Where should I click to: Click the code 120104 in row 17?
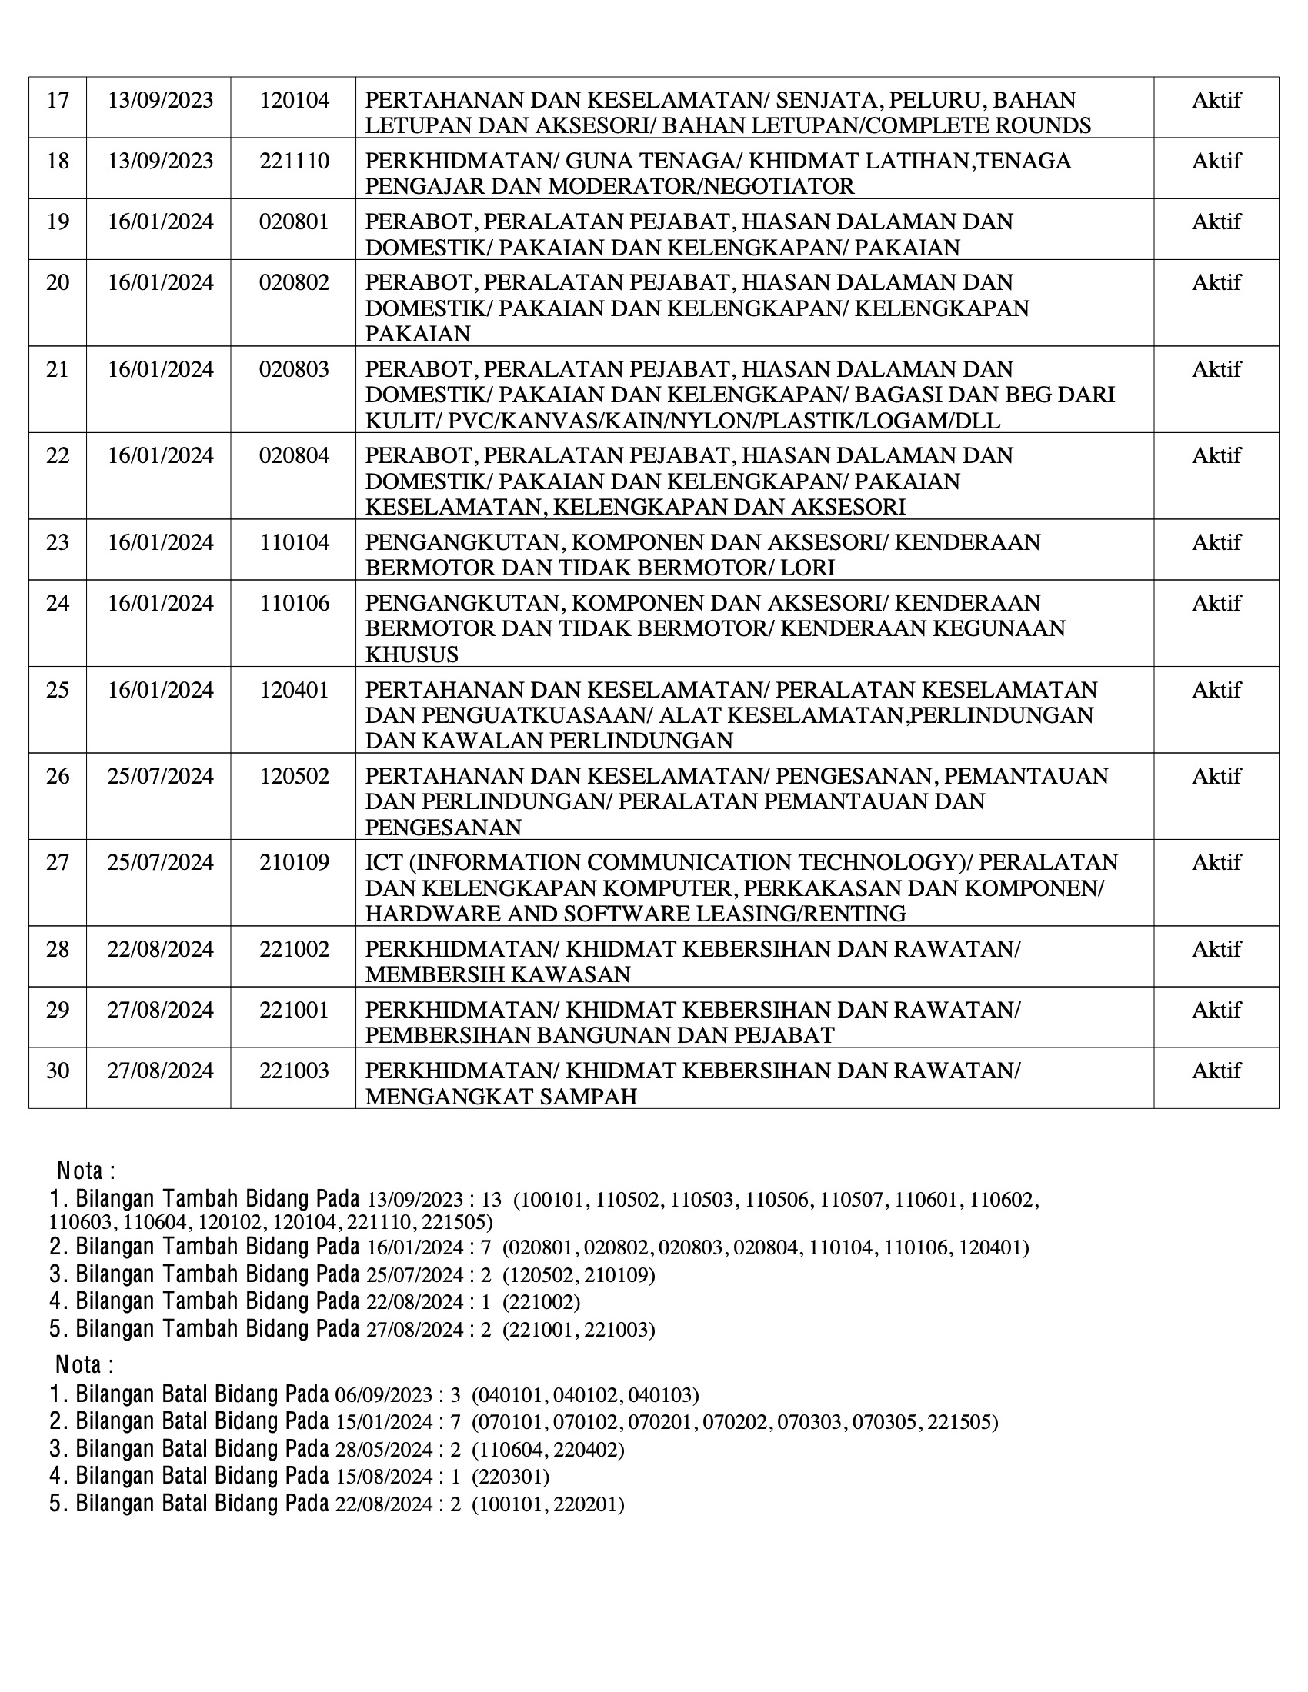click(x=294, y=100)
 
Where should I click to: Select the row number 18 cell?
click(x=58, y=161)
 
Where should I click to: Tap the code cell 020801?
click(x=294, y=221)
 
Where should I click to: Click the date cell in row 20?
click(x=159, y=282)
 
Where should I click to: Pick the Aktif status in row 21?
click(x=1216, y=368)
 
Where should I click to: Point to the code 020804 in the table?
click(x=294, y=455)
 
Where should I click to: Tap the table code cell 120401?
click(x=294, y=690)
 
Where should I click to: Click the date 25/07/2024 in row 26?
click(x=159, y=775)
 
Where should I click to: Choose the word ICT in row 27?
click(x=382, y=862)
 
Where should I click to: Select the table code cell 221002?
click(x=294, y=949)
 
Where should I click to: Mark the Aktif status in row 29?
click(x=1216, y=1010)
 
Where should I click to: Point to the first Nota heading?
click(x=86, y=1171)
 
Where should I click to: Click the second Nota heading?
click(x=85, y=1364)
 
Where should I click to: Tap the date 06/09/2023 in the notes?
click(x=384, y=1395)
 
